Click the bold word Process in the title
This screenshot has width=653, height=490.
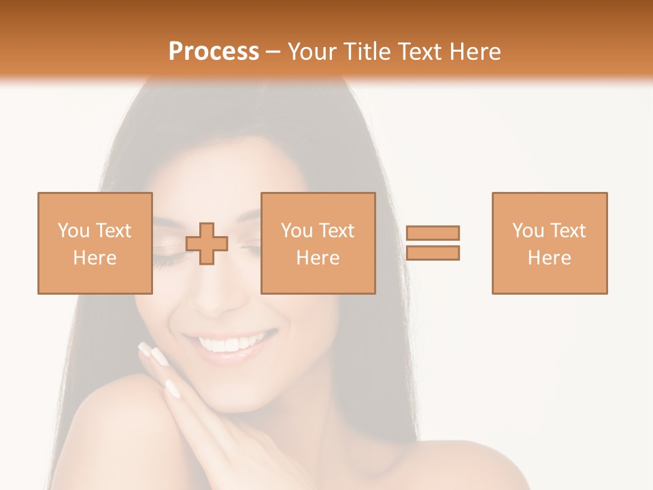click(x=214, y=52)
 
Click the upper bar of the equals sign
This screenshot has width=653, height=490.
click(x=433, y=233)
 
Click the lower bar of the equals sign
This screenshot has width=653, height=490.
click(x=433, y=253)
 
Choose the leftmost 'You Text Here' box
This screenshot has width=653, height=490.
click(x=95, y=243)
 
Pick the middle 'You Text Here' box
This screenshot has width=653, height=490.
click(x=318, y=243)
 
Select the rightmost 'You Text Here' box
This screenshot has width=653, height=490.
click(x=549, y=243)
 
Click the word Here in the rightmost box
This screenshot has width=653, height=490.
click(x=549, y=258)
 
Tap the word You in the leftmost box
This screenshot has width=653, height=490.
click(x=73, y=231)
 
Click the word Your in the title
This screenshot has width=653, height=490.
click(x=314, y=52)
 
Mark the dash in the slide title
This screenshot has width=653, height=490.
click(x=273, y=52)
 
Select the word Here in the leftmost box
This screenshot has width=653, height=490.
click(x=95, y=258)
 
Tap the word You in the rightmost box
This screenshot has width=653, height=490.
click(x=527, y=231)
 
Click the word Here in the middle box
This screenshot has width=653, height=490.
click(x=318, y=258)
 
